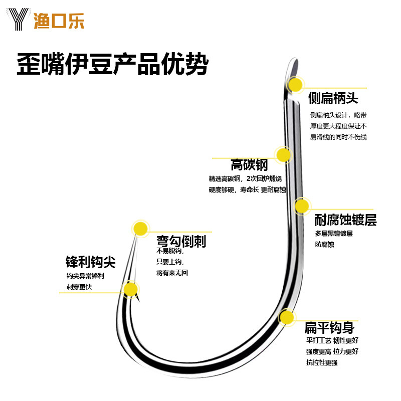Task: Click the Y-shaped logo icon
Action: pos(19,21)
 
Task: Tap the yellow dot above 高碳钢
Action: pos(283,155)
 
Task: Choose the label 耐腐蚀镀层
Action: pos(345,220)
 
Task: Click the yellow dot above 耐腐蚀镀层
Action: pos(301,206)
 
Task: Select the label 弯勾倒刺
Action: pos(181,242)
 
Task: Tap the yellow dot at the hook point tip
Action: pos(141,229)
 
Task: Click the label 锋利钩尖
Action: pos(90,262)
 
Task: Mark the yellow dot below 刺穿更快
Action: pos(130,289)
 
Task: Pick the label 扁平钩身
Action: pos(329,328)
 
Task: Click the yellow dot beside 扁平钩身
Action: pos(286,317)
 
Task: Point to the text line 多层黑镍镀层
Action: pos(334,234)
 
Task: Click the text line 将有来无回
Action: pos(172,273)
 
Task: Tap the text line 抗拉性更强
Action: pos(321,362)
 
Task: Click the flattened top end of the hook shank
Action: pos(294,68)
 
